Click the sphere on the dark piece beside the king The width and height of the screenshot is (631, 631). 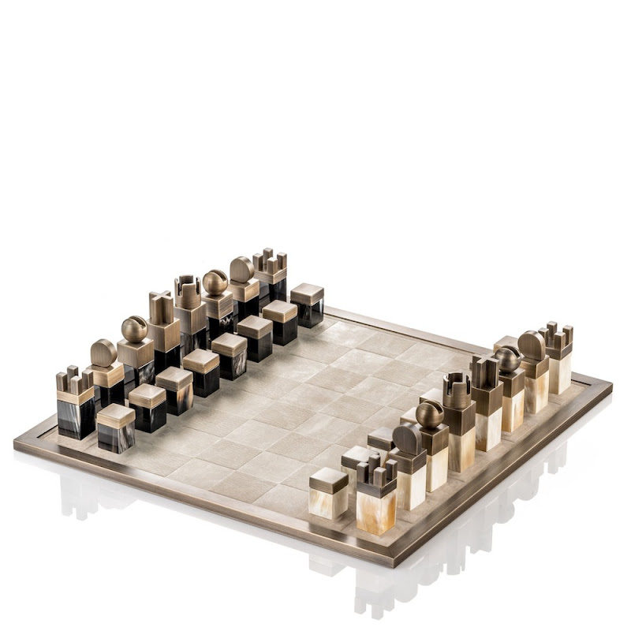[x=134, y=329]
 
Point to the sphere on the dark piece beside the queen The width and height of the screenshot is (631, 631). [x=215, y=282]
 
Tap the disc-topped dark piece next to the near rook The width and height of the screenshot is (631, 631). [x=103, y=353]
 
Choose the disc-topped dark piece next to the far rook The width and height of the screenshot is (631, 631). [x=242, y=270]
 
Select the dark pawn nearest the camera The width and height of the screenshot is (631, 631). [x=116, y=426]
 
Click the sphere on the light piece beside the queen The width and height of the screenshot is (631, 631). [x=430, y=414]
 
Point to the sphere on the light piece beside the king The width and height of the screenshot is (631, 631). [x=507, y=359]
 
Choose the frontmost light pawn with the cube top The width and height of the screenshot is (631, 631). [x=328, y=491]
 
